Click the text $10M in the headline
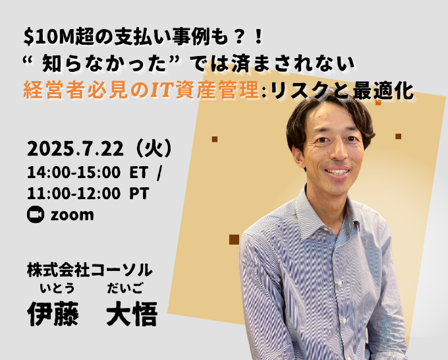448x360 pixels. (49, 38)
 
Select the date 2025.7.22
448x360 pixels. (75, 149)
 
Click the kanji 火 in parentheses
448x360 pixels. (154, 149)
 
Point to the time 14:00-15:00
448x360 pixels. (74, 173)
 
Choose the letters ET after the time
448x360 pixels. (139, 173)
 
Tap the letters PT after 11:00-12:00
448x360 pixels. (140, 194)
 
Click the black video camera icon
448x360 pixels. (36, 214)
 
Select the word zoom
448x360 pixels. (72, 215)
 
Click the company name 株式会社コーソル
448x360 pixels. (90, 270)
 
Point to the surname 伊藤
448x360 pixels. (53, 314)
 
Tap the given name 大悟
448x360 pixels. (132, 314)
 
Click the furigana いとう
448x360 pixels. (57, 288)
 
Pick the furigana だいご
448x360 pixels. (125, 288)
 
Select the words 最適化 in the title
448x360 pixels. (383, 92)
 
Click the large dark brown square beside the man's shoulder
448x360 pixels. (234, 239)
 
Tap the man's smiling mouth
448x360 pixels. (337, 171)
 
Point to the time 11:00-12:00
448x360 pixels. (74, 194)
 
